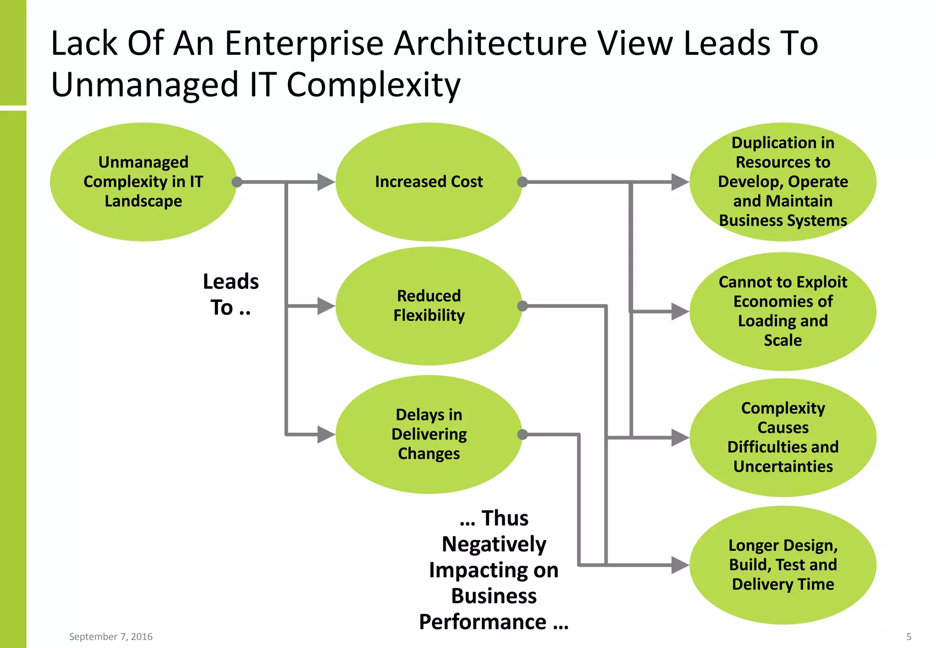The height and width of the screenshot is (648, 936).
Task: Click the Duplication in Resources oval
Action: click(x=782, y=181)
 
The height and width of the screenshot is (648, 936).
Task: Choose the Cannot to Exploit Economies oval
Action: click(x=782, y=311)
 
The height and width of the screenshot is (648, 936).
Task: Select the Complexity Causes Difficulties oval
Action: click(x=782, y=437)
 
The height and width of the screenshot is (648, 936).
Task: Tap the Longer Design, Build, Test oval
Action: click(x=782, y=565)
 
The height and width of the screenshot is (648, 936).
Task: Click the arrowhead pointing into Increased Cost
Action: click(x=326, y=182)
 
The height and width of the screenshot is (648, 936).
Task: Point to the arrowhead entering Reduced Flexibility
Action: click(x=326, y=306)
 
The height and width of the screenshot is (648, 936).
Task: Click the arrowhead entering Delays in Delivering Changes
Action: click(x=326, y=435)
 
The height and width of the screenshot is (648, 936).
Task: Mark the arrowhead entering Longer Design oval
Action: click(x=680, y=565)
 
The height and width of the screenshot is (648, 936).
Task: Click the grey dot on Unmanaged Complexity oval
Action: click(x=237, y=182)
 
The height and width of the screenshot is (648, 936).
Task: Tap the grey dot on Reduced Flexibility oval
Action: click(x=522, y=306)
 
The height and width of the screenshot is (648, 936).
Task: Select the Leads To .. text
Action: click(x=231, y=294)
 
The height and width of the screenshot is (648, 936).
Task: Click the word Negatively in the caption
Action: click(x=494, y=544)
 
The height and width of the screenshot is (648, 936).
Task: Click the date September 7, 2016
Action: click(x=111, y=637)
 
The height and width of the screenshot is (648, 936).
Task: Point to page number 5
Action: click(x=909, y=637)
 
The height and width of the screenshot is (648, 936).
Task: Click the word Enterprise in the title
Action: click(x=304, y=44)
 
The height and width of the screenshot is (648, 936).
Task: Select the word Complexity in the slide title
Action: click(x=373, y=85)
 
